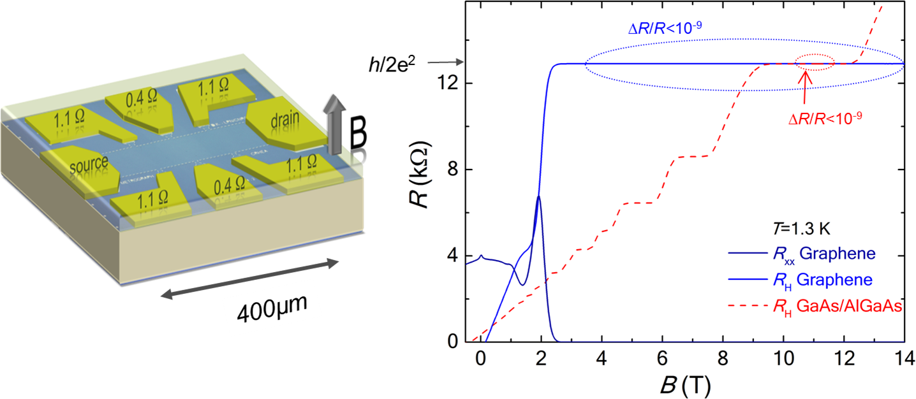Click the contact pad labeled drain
click(278, 120)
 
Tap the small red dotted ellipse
click(815, 64)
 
